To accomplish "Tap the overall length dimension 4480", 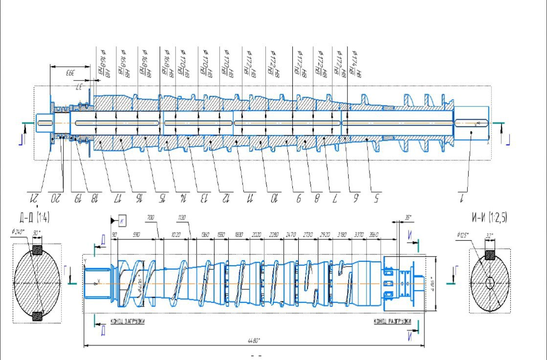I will click(x=253, y=341).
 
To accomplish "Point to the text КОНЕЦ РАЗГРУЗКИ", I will click(x=393, y=321).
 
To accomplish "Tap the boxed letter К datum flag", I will click(x=122, y=221).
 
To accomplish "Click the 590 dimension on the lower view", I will click(x=137, y=235).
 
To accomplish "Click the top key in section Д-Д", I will click(x=37, y=251).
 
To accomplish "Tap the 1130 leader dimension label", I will click(x=182, y=217).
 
